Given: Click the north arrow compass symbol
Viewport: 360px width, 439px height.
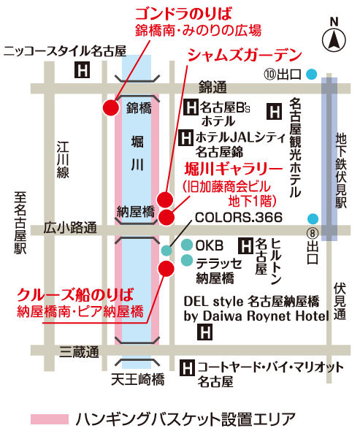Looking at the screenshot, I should click(x=334, y=36).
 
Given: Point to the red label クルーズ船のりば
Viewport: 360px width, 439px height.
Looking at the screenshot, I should click(x=76, y=296).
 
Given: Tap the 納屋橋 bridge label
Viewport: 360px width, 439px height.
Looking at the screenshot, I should click(x=136, y=212).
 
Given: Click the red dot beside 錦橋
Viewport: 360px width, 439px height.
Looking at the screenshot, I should click(x=110, y=108).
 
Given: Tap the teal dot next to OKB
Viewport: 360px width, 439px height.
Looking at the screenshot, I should click(x=187, y=245).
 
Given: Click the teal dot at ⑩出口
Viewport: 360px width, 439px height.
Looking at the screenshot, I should click(x=313, y=74).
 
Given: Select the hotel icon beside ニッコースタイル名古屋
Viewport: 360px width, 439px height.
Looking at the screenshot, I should click(x=83, y=71).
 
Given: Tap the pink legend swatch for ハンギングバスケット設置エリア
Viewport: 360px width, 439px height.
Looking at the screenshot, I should click(x=49, y=419).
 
